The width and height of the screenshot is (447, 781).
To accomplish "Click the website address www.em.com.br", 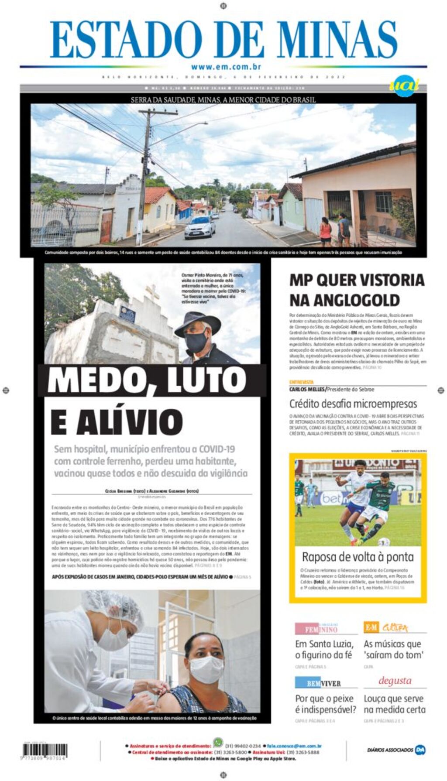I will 226,67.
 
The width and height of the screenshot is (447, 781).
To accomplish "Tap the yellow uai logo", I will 404,86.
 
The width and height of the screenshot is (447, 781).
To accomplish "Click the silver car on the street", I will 200,227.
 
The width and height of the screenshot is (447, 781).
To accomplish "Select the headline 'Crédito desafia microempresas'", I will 353,404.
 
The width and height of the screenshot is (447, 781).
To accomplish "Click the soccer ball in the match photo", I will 384,542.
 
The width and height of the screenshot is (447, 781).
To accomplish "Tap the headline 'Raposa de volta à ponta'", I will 358,557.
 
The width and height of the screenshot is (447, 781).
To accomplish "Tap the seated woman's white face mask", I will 206,669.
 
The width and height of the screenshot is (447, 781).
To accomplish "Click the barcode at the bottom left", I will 45,750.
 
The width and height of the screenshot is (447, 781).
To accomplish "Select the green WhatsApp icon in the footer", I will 218,742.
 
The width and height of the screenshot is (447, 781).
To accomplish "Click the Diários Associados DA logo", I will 420,750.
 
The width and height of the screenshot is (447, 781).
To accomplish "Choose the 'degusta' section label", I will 395,681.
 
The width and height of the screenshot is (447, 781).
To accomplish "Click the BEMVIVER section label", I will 317,683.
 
